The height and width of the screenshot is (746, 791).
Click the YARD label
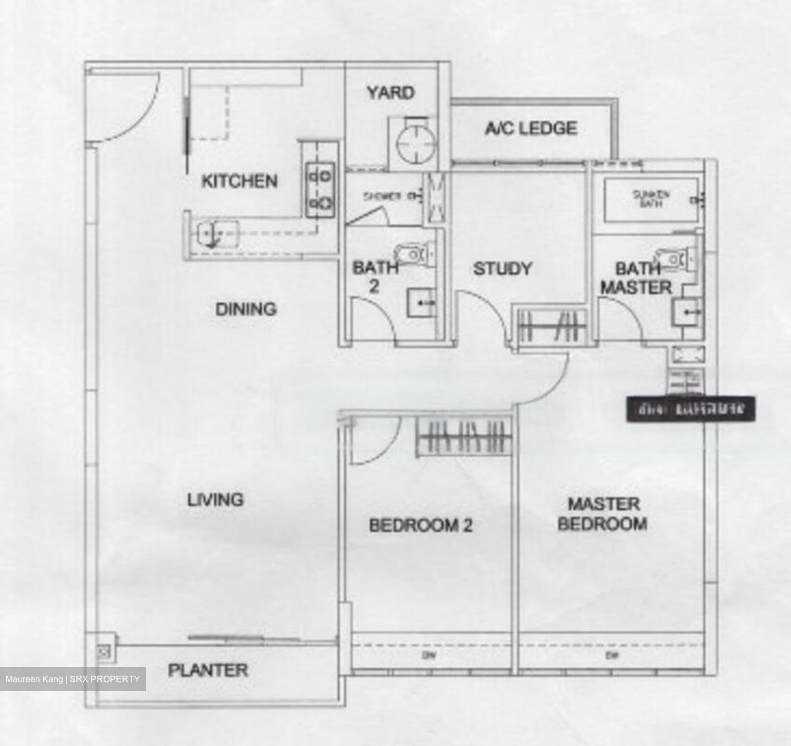pyautogui.click(x=391, y=92)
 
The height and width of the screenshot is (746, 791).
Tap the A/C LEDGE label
pyautogui.click(x=531, y=129)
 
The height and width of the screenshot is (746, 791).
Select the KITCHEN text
pyautogui.click(x=239, y=181)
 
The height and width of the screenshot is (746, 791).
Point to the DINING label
pyautogui.click(x=246, y=309)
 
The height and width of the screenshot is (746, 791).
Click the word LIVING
pyautogui.click(x=215, y=500)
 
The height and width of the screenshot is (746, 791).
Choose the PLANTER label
pyautogui.click(x=208, y=670)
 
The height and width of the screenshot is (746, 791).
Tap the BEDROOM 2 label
pyautogui.click(x=421, y=526)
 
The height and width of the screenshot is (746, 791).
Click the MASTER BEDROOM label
pyautogui.click(x=603, y=514)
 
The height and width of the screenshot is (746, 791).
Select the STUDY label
pyautogui.click(x=502, y=269)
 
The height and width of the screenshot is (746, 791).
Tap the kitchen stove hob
pyautogui.click(x=320, y=190)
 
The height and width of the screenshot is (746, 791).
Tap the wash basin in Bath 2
pyautogui.click(x=421, y=303)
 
